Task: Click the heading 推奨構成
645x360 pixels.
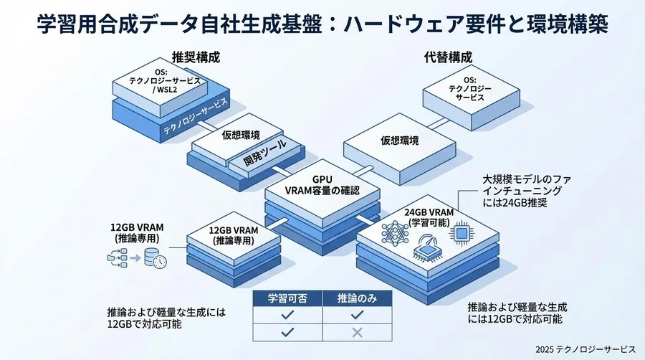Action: pyautogui.click(x=196, y=57)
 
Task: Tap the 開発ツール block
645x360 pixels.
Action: pyautogui.click(x=264, y=149)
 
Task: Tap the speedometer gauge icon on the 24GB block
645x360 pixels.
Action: pyautogui.click(x=424, y=246)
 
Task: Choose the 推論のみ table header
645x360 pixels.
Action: pyautogui.click(x=356, y=298)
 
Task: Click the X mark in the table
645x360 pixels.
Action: pyautogui.click(x=356, y=332)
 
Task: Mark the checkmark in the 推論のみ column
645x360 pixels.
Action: pyautogui.click(x=356, y=315)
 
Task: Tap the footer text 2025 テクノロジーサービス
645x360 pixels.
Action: pyautogui.click(x=585, y=349)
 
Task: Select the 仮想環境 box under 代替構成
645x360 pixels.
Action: pyautogui.click(x=399, y=141)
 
